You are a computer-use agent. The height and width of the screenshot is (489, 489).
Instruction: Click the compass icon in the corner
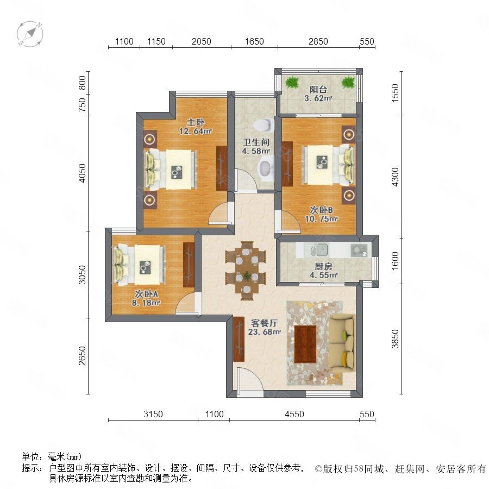point(30,33)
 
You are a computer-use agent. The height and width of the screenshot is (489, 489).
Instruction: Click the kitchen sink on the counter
point(322,249)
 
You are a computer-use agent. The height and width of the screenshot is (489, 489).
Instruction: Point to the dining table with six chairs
point(246,271)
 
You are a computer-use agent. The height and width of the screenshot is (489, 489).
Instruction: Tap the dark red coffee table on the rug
point(305,344)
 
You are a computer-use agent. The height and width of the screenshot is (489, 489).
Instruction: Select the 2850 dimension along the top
point(318,41)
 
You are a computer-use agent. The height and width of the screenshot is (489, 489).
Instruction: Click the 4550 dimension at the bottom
point(294,414)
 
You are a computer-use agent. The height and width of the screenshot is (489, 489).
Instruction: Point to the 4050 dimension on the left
point(82,173)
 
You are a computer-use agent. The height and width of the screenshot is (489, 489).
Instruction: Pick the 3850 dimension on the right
point(395,338)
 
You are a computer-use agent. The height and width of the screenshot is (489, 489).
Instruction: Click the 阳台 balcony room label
point(318,90)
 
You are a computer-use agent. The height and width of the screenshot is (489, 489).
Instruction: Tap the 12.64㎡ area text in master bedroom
point(196,131)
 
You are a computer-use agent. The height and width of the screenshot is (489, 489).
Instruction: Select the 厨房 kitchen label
point(323,267)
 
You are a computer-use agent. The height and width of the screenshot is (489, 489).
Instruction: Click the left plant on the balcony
point(292,83)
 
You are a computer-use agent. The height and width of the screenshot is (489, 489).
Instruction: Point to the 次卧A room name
point(146,294)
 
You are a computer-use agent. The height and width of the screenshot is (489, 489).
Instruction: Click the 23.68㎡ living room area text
point(265,332)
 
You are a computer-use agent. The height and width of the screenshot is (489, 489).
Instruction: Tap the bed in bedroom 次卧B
point(329,164)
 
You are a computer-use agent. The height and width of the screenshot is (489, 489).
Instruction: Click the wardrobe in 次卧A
point(189,265)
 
